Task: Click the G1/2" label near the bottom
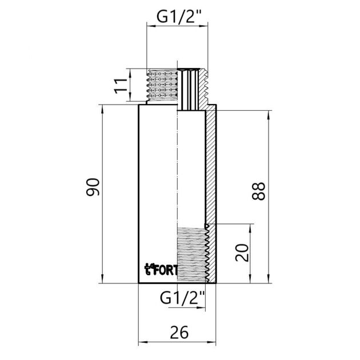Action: [182, 298]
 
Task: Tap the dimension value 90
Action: [93, 187]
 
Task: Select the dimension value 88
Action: [258, 191]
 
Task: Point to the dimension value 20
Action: [242, 253]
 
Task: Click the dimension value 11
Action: [121, 86]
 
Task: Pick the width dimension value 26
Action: [179, 332]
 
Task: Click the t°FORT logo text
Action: [161, 270]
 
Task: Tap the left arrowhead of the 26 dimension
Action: [143, 342]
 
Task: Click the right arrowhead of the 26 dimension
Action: [212, 342]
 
